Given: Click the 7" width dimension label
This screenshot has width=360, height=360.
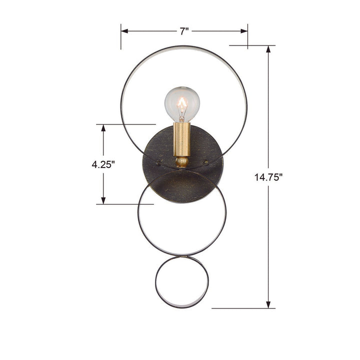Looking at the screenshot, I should [x=184, y=31].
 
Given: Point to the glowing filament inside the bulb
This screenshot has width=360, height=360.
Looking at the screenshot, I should [x=182, y=106].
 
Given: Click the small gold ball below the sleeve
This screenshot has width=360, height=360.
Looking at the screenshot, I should [x=182, y=162].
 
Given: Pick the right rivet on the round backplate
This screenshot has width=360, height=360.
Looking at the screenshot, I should [x=206, y=162].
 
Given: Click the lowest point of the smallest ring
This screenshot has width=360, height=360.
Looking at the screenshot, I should [x=180, y=307].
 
